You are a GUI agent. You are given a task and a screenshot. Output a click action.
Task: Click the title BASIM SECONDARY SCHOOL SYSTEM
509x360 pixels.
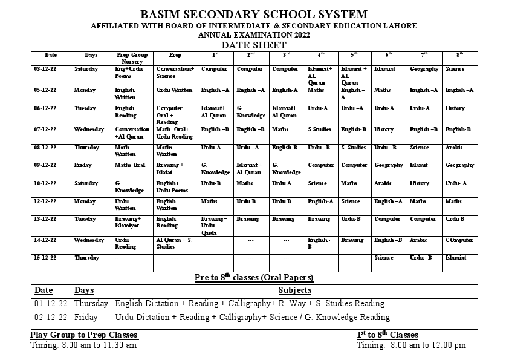(x=253, y=15)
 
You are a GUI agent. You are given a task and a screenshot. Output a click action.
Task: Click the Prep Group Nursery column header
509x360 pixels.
(x=132, y=58)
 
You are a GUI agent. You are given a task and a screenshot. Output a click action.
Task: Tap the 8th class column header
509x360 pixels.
(x=460, y=55)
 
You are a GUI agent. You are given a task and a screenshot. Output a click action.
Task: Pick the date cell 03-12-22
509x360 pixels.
(x=46, y=69)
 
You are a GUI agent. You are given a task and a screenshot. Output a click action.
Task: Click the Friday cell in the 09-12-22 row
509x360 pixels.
(x=83, y=165)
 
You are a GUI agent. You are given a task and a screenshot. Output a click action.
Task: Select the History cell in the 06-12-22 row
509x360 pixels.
(x=455, y=108)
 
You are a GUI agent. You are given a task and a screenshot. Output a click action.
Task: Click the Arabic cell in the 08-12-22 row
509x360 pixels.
(x=454, y=147)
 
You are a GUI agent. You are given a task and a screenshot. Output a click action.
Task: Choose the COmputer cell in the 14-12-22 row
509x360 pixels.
(x=459, y=240)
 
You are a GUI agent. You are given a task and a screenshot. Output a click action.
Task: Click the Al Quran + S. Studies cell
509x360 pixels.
(x=174, y=243)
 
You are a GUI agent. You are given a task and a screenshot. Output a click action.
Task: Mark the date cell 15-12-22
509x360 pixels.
(x=46, y=258)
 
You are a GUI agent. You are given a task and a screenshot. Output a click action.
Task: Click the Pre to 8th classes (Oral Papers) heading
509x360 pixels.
(x=254, y=278)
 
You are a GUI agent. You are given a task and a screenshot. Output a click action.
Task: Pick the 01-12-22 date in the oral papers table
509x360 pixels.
(x=51, y=304)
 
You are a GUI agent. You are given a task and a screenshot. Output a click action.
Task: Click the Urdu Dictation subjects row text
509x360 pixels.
(x=252, y=317)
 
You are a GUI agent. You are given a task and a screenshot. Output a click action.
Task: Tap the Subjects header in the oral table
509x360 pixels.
(x=294, y=290)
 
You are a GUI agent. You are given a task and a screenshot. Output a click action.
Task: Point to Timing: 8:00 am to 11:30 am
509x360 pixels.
(x=83, y=345)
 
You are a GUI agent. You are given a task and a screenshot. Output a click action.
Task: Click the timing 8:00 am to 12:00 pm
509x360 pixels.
(x=411, y=345)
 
